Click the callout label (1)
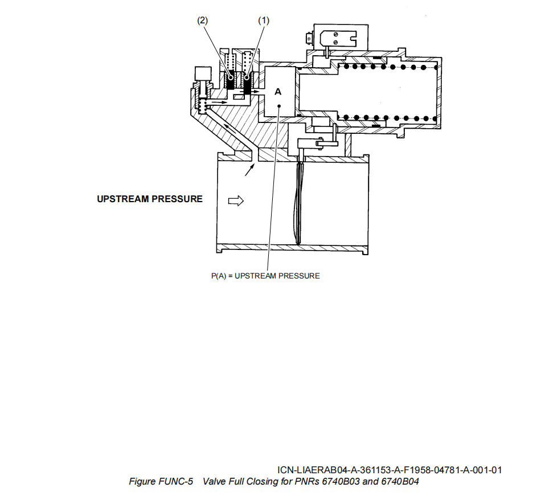(x=263, y=21)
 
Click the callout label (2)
(x=203, y=21)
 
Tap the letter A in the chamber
(x=278, y=92)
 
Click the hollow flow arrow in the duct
(x=235, y=200)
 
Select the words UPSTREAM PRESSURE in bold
(x=150, y=199)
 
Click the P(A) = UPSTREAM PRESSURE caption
(x=265, y=276)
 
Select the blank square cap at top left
(x=202, y=73)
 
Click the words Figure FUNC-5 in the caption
(x=161, y=482)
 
